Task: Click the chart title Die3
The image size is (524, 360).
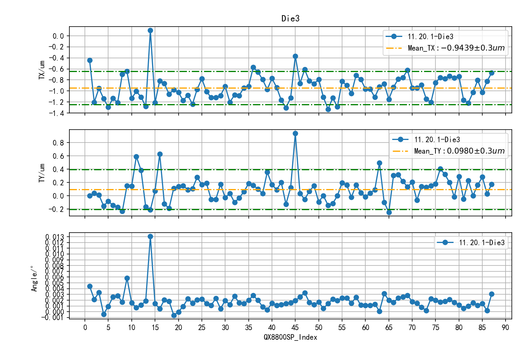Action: [x=290, y=18]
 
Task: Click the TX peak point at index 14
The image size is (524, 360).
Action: [x=150, y=31]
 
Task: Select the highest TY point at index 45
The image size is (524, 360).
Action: [x=295, y=134]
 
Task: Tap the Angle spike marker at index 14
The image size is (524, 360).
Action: [x=150, y=236]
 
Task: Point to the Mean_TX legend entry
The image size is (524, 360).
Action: [x=456, y=48]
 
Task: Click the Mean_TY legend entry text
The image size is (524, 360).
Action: [x=459, y=151]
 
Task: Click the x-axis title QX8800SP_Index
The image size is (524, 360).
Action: [x=290, y=337]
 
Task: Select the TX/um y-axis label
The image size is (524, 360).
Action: [x=42, y=70]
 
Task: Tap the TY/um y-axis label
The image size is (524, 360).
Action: [x=42, y=173]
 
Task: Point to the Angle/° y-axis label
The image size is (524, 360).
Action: [x=34, y=279]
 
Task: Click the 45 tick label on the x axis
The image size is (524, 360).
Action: [x=295, y=328]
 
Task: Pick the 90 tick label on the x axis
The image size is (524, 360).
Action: [x=506, y=328]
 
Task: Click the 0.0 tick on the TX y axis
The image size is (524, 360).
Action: [x=58, y=36]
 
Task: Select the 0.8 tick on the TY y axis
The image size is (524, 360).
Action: [x=59, y=143]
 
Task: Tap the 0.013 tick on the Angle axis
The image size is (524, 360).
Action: [x=55, y=237]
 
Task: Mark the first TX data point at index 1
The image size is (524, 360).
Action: [x=90, y=60]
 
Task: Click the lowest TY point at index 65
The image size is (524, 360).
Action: [x=389, y=212]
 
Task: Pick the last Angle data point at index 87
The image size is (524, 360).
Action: [x=492, y=294]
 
